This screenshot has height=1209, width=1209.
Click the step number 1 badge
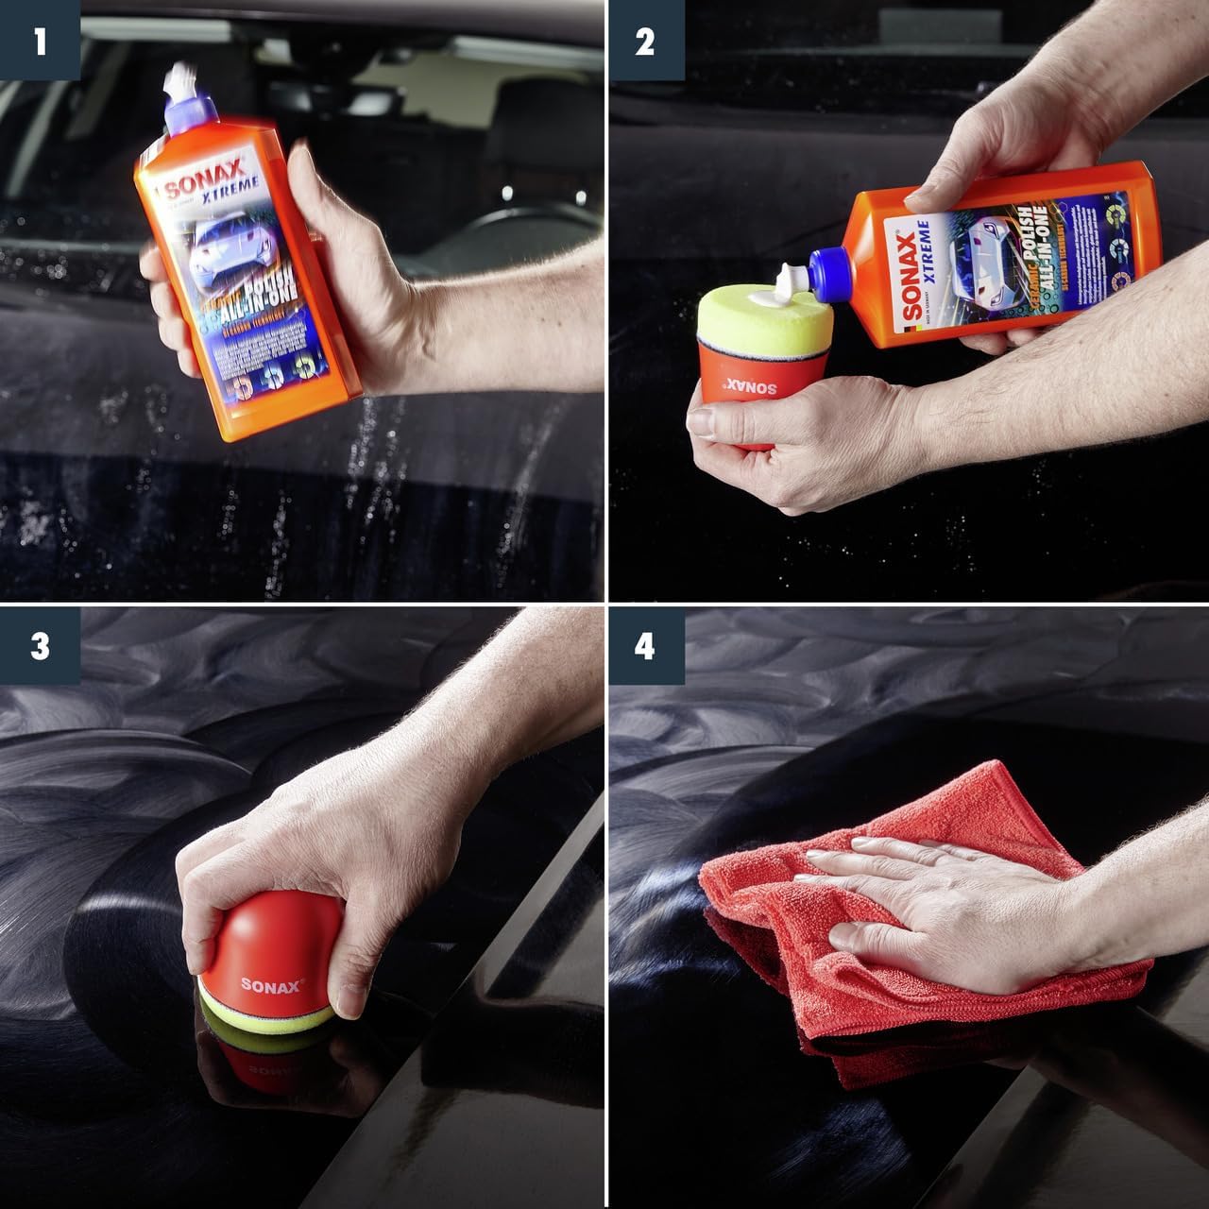coord(39,42)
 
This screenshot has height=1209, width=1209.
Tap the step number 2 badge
coord(645,42)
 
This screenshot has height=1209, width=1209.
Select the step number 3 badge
coord(39,647)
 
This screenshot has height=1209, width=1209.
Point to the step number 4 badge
coord(645,647)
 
